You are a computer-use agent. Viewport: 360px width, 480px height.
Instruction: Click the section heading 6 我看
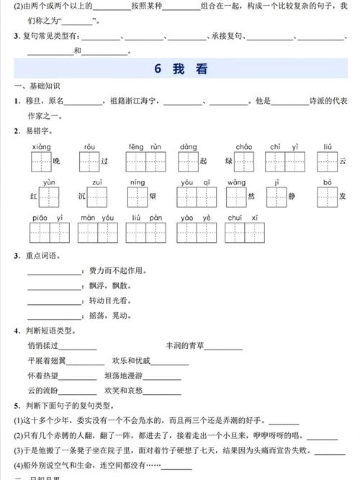[x=180, y=69]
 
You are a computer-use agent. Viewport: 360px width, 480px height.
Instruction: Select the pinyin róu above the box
[x=89, y=146]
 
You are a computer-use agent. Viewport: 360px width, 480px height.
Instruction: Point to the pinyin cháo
[x=244, y=146]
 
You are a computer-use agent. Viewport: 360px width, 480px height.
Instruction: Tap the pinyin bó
[x=327, y=182]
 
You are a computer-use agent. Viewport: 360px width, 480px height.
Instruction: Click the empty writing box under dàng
[x=189, y=161]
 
